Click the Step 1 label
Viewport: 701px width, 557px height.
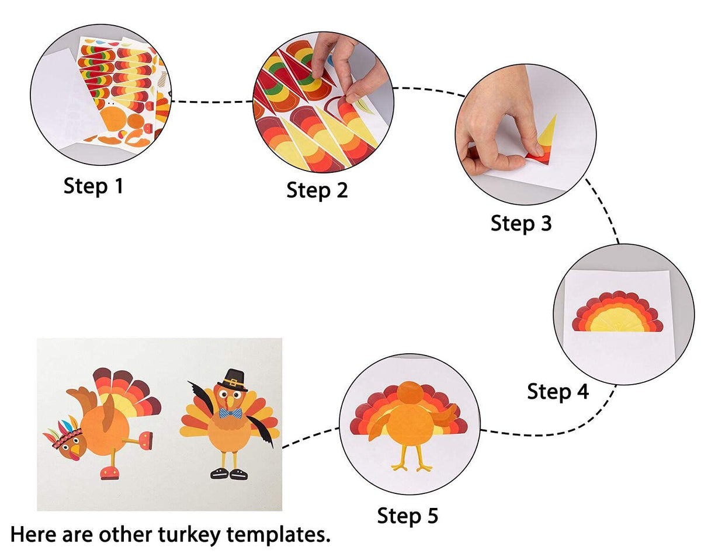click(x=93, y=186)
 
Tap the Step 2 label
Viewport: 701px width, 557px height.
click(x=317, y=190)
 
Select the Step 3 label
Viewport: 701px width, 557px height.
click(x=521, y=223)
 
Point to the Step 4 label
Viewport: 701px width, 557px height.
click(x=558, y=391)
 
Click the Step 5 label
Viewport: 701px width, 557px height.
click(x=408, y=516)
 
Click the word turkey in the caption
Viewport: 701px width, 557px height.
click(x=189, y=535)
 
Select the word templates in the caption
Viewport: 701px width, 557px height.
click(x=279, y=535)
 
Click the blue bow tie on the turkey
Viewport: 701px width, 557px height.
click(x=231, y=413)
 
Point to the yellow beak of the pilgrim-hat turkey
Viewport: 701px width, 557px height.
click(x=231, y=402)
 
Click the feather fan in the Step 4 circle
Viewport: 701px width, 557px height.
click(x=617, y=312)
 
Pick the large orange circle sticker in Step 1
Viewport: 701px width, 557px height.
click(x=113, y=120)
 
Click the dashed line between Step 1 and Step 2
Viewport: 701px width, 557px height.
click(x=213, y=102)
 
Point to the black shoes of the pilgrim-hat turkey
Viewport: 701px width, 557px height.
click(x=229, y=474)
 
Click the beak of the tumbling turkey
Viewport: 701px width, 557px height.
click(x=75, y=450)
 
